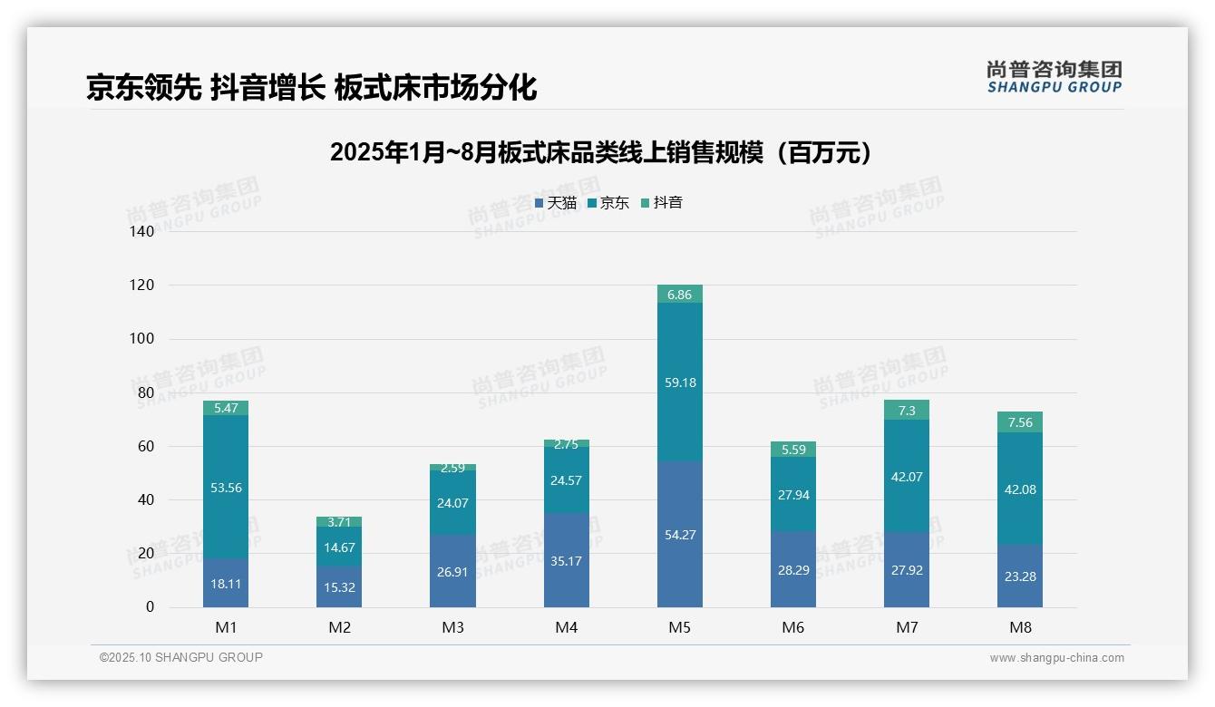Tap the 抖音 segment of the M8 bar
point(1019,422)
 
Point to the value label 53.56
point(226,488)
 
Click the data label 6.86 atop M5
point(679,295)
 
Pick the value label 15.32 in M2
point(339,587)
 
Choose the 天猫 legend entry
point(556,203)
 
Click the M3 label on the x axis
point(452,627)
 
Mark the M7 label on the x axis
point(906,627)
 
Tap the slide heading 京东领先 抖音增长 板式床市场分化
point(311,88)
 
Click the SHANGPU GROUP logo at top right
point(1054,77)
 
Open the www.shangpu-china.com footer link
point(1056,658)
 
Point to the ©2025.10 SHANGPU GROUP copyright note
point(181,658)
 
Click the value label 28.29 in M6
point(792,570)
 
